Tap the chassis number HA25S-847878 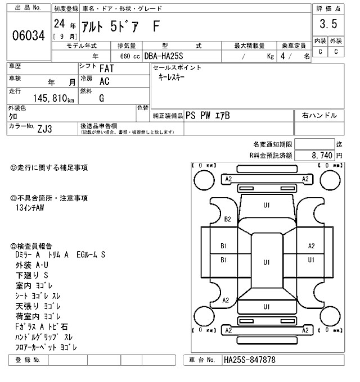[x=249, y=360]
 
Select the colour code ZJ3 [x=46, y=128]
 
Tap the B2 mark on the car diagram [x=228, y=219]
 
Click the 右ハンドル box [x=319, y=116]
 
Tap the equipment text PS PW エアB [x=208, y=116]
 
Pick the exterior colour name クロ [x=13, y=116]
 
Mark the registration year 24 [x=59, y=24]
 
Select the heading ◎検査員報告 [x=31, y=245]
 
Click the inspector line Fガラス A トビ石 [x=43, y=326]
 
